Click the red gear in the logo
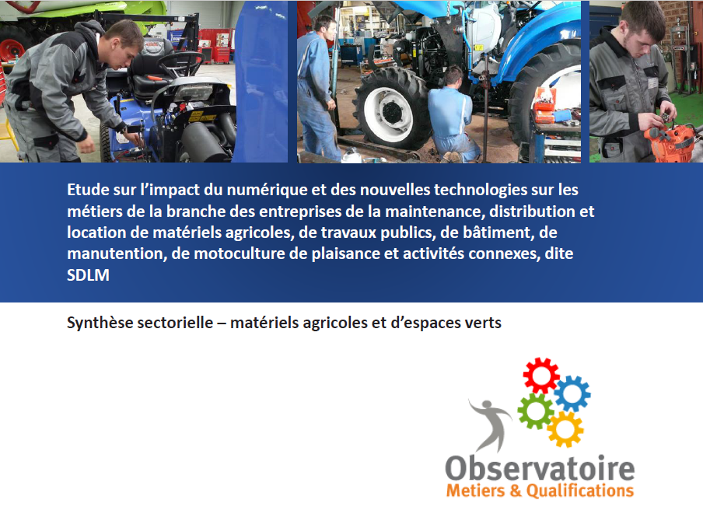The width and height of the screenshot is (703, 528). click(541, 376)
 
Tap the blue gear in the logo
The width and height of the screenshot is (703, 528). click(572, 393)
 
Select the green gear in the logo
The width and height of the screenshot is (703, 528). click(536, 411)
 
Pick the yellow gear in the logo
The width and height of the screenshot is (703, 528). click(565, 429)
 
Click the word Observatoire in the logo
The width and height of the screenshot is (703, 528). click(540, 468)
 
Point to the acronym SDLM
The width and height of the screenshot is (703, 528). click(88, 274)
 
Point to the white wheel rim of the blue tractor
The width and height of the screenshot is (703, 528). click(388, 110)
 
